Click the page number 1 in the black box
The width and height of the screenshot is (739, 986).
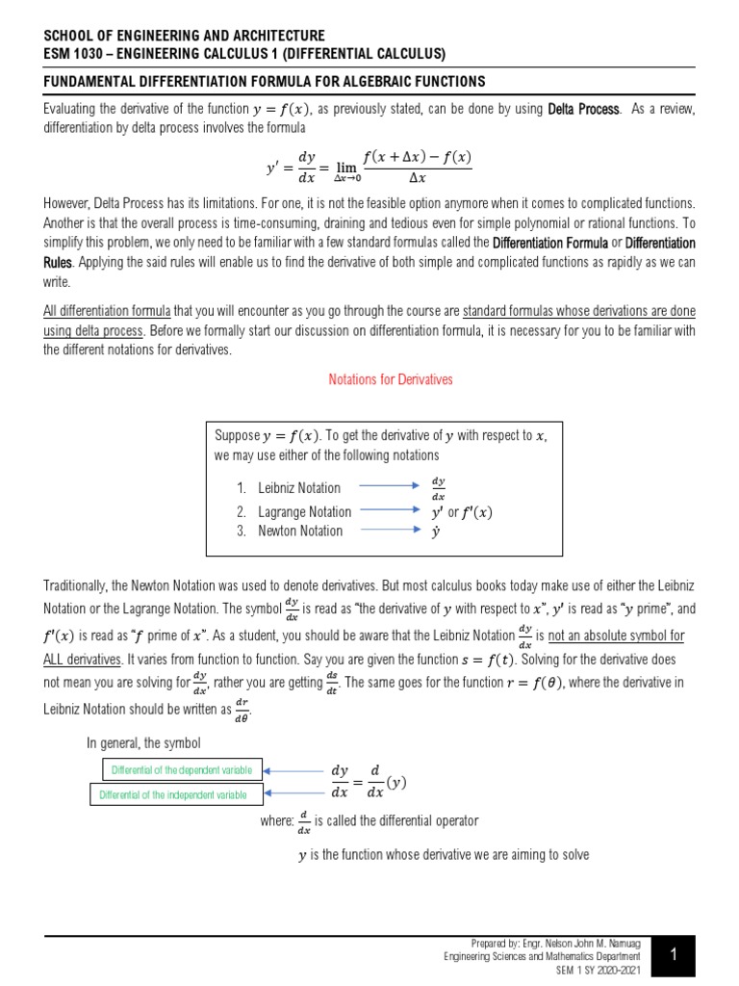675,955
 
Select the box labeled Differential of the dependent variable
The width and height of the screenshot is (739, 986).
182,770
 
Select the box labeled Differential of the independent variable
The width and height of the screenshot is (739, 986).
179,794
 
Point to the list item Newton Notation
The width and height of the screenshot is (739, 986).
299,531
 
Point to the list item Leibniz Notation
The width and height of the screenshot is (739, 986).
298,488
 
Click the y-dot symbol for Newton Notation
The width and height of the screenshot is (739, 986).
436,532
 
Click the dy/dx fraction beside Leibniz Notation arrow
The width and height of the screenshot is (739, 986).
438,488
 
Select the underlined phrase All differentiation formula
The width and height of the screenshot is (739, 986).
107,312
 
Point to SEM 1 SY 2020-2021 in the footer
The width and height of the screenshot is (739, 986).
598,970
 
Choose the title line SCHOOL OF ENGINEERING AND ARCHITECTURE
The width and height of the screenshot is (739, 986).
185,36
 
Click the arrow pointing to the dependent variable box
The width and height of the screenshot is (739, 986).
293,770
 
